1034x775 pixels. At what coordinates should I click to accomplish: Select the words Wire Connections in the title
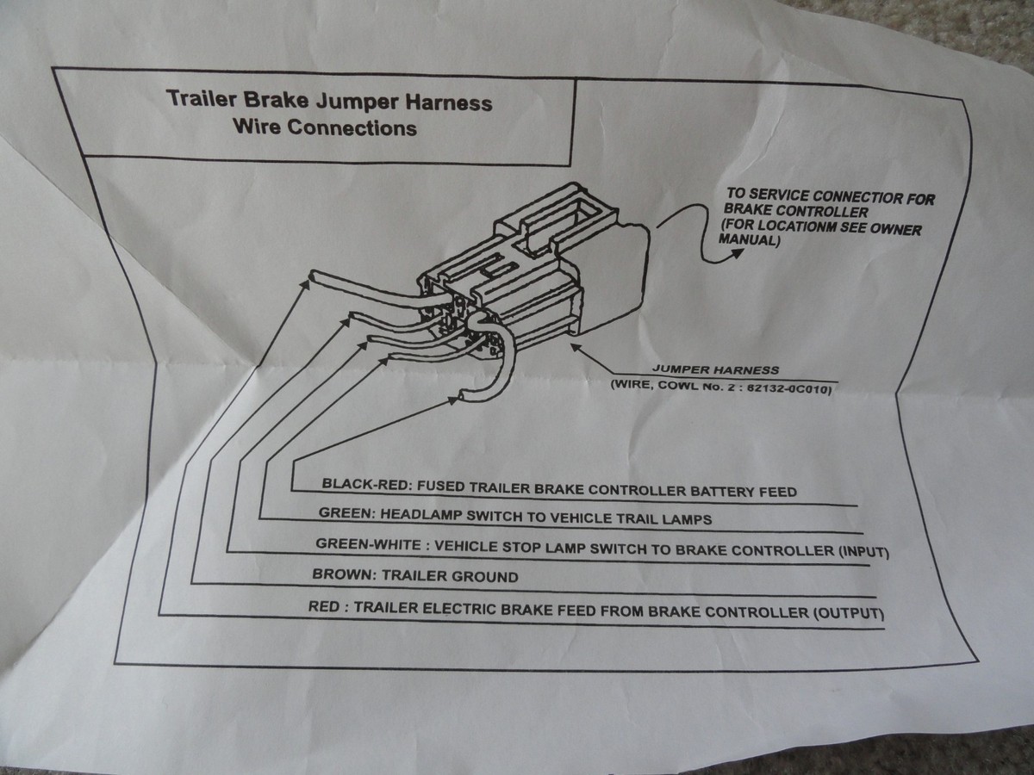tap(325, 128)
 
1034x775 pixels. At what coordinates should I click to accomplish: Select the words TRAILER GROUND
tap(464, 577)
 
